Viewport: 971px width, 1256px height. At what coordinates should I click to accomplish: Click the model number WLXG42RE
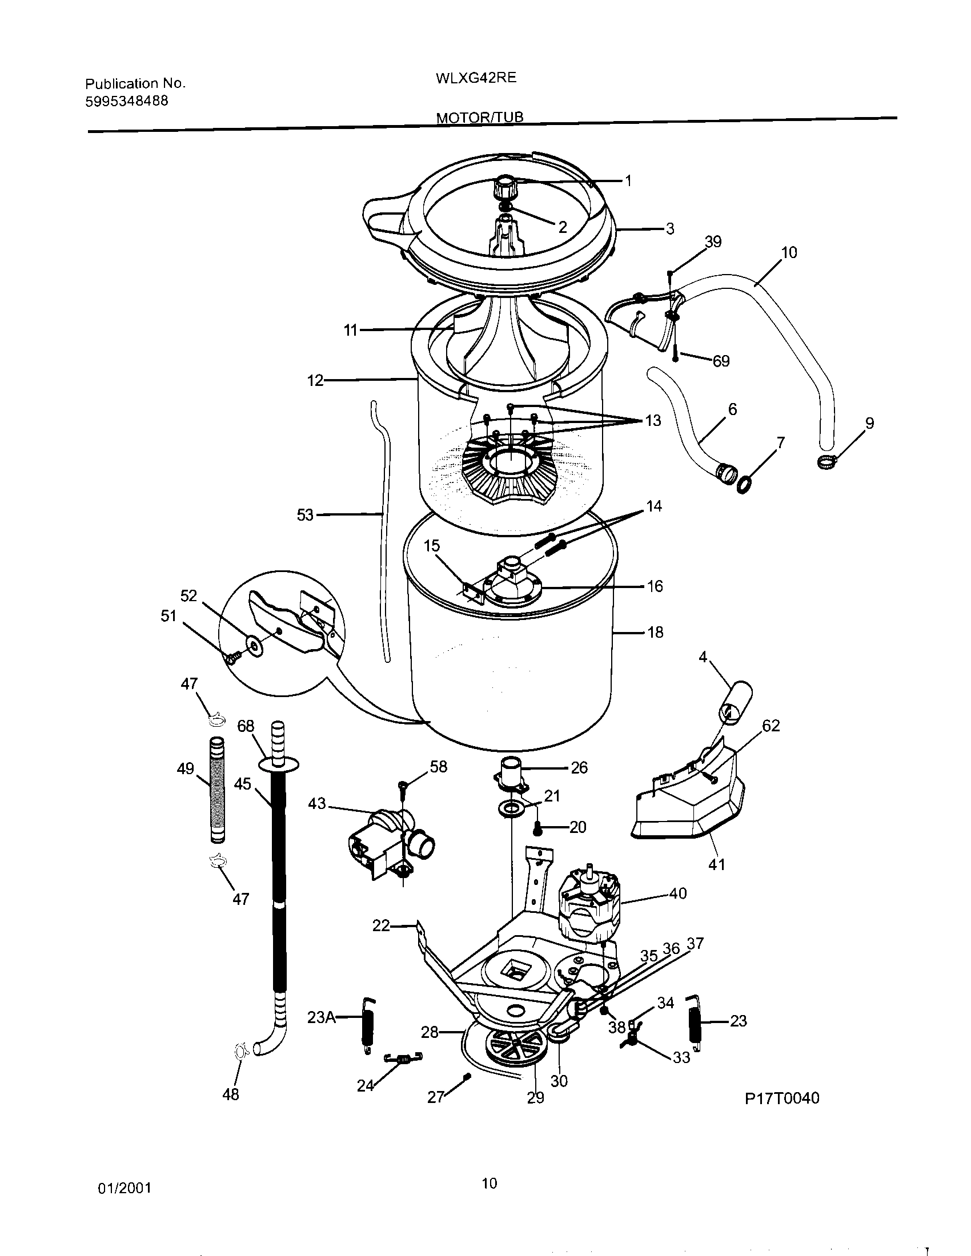tap(476, 78)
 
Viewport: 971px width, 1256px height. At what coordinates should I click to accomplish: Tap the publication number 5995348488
tap(127, 101)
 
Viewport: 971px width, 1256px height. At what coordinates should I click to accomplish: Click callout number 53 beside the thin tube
tap(304, 515)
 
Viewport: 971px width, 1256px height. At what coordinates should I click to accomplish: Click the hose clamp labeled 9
tap(825, 460)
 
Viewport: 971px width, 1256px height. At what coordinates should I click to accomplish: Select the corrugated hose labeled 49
tap(218, 790)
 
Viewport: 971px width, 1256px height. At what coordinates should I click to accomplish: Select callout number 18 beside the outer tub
tap(655, 633)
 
